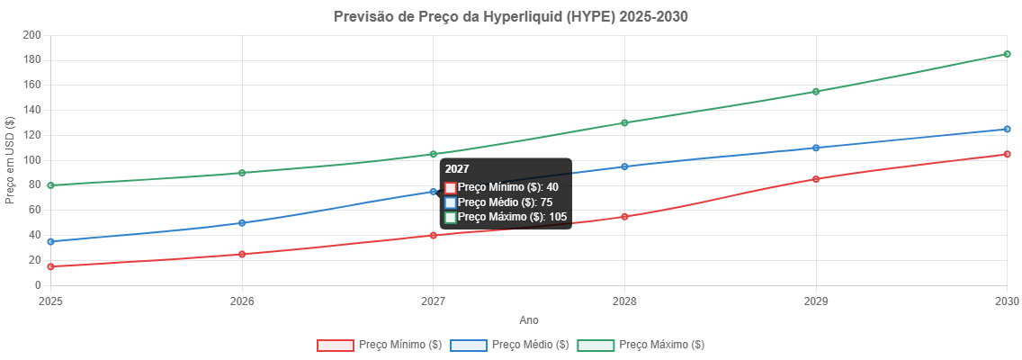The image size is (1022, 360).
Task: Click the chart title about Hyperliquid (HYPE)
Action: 511,16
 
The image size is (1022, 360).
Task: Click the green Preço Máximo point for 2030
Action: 1007,54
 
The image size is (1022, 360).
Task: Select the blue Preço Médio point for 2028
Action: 624,166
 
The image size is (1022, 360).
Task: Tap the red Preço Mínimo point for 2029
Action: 815,179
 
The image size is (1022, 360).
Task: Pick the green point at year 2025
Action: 50,185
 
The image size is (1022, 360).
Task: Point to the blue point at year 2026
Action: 242,223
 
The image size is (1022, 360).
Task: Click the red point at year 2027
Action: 433,236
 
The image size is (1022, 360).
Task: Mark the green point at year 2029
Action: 815,92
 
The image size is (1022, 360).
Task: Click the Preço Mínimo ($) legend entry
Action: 379,345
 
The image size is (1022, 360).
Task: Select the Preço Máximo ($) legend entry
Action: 640,345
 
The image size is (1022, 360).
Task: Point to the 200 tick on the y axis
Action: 32,34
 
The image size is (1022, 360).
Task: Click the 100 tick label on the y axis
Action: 32,160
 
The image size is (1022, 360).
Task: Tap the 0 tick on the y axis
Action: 38,285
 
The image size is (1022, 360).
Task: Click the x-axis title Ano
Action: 529,319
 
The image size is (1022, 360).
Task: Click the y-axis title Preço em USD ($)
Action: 10,160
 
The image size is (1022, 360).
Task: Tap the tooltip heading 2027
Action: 457,169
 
